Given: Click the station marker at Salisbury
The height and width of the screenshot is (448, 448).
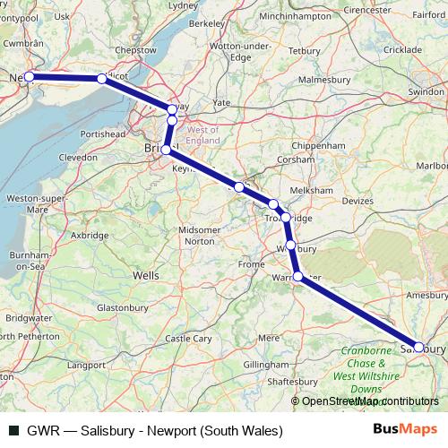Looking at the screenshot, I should (x=418, y=346).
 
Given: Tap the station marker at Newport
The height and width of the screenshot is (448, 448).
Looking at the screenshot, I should (x=29, y=76).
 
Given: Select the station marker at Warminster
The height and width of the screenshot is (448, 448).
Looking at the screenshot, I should (x=298, y=277).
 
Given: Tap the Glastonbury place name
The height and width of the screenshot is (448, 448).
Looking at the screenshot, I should (x=122, y=307).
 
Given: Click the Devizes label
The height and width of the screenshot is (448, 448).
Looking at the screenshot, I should (x=357, y=202).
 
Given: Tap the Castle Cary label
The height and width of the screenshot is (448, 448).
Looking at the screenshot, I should (x=189, y=339).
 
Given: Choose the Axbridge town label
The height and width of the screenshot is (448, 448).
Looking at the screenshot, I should (x=90, y=236).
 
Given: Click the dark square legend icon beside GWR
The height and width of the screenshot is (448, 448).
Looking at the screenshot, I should (x=13, y=430).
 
